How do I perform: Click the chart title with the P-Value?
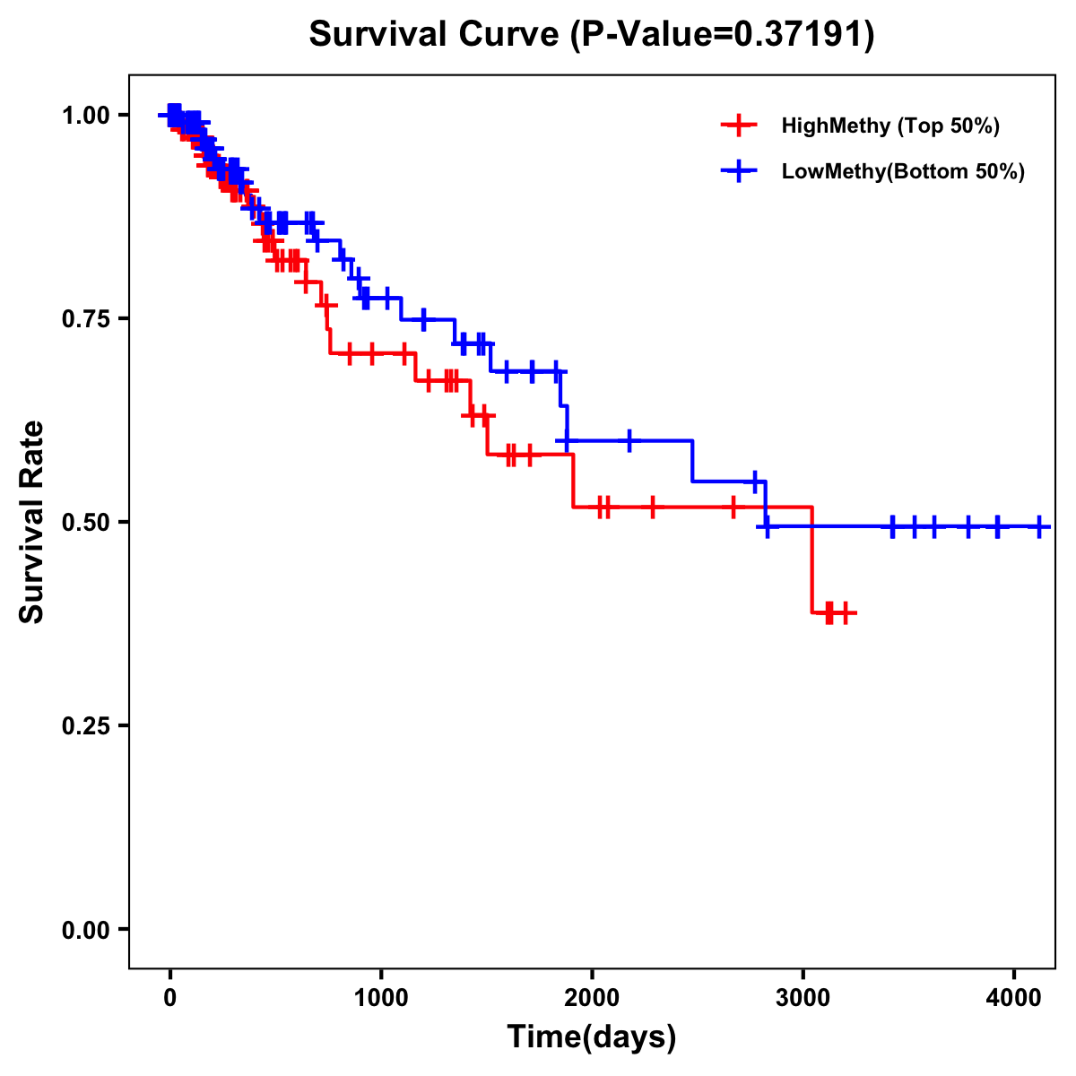click(591, 35)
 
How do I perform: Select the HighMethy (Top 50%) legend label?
click(890, 126)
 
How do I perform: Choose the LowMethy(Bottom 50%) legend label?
click(903, 172)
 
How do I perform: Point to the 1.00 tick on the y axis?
click(85, 116)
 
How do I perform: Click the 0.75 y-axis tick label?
click(85, 319)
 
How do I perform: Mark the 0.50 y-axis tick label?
click(85, 522)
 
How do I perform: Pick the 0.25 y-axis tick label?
click(85, 725)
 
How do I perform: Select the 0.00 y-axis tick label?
click(85, 929)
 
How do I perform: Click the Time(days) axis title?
click(592, 1037)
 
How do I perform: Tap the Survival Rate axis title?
click(32, 522)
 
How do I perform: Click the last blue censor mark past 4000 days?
click(1038, 527)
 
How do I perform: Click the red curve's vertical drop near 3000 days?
click(812, 560)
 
